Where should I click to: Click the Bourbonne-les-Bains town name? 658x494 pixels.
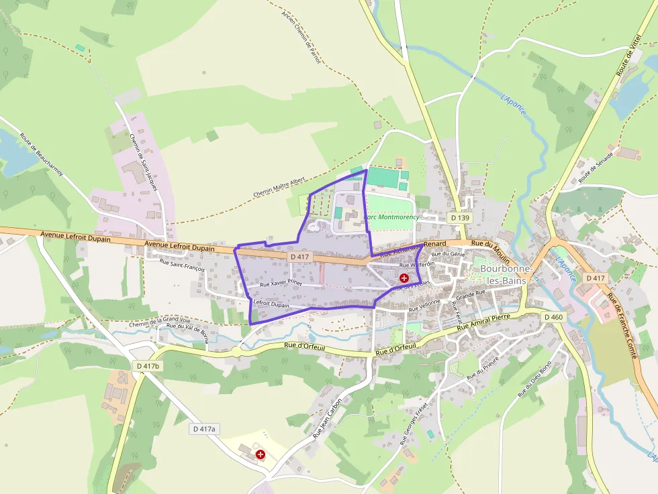[506, 273]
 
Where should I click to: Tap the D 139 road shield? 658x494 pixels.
[459, 218]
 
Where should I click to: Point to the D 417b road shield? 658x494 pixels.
[148, 367]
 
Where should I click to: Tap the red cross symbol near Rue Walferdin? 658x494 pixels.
[404, 277]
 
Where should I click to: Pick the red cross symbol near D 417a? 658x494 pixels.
[261, 454]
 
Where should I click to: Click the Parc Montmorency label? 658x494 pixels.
[392, 217]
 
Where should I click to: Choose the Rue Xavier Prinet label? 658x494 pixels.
[281, 284]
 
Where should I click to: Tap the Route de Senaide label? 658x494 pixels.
[597, 164]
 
